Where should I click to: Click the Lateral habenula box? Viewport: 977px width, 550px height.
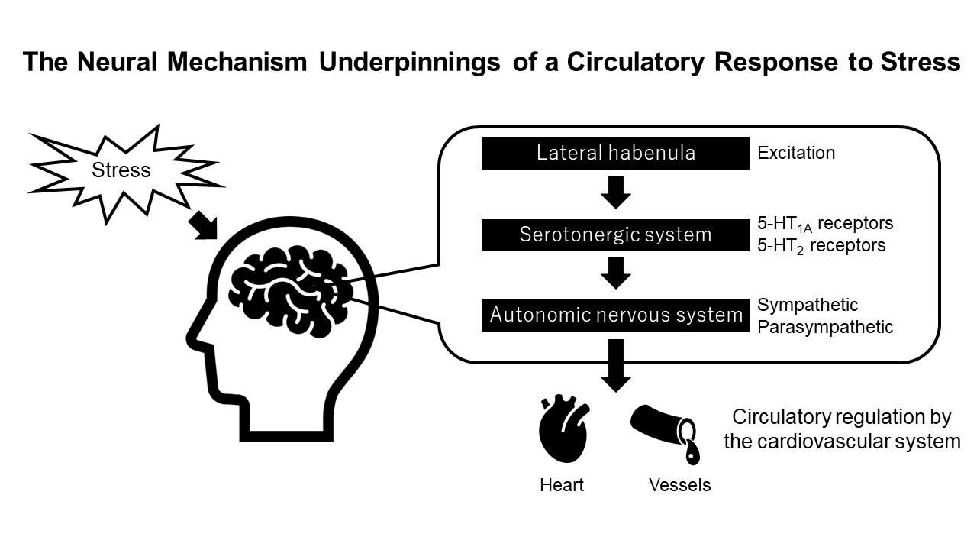coord(615,153)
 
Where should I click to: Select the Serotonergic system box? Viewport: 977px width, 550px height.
coord(615,235)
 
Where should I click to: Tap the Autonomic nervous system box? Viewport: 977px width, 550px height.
coord(615,315)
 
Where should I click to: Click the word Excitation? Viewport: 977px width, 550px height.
coord(796,153)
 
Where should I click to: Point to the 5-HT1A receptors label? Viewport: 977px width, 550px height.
coord(824,224)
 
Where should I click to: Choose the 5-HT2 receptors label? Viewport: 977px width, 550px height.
coord(821,246)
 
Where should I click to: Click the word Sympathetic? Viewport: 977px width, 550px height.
coord(808,305)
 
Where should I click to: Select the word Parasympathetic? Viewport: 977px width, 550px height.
coord(824,327)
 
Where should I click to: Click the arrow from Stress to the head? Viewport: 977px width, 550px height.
coord(203,225)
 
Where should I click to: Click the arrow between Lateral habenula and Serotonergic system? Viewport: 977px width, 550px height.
coord(615,193)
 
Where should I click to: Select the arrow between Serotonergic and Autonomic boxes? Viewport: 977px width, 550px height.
coord(615,273)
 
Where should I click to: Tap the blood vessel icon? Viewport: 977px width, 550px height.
coord(664,432)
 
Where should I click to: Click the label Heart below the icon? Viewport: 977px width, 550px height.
coord(562,485)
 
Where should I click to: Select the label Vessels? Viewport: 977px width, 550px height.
coord(679,485)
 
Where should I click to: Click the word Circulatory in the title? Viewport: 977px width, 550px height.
coord(632,63)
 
